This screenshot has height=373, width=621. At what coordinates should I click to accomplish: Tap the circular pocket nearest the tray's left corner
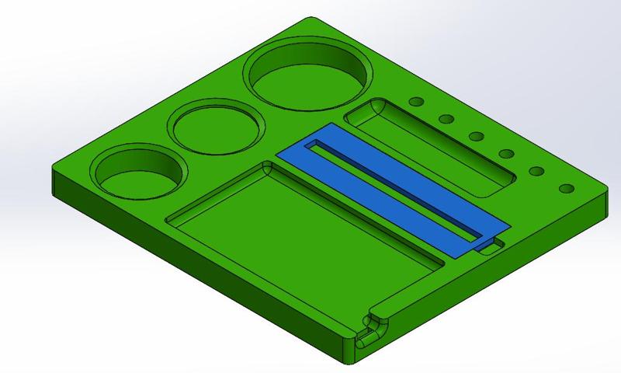point(140,174)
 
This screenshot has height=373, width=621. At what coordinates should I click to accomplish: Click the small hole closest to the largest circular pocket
point(416,101)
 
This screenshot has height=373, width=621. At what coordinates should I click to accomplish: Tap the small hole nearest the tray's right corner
point(565,188)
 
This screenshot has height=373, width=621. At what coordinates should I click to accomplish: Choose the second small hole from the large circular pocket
point(446,119)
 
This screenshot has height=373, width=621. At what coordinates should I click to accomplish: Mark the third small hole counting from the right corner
point(507,153)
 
